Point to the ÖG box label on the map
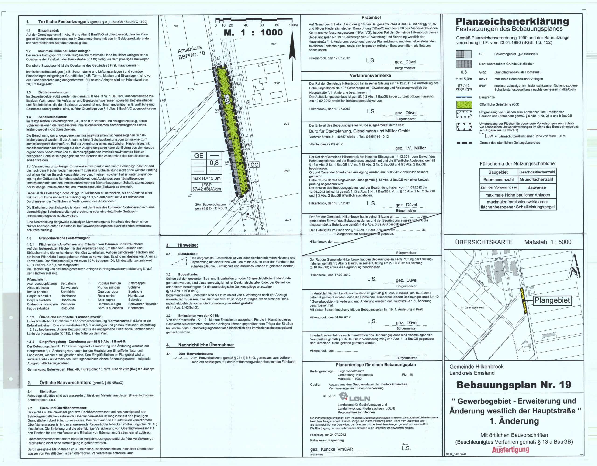(x=254, y=165)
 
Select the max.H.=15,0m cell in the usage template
(x=206, y=178)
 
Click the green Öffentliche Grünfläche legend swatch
(x=464, y=105)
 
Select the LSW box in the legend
(x=489, y=136)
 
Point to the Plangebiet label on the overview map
(x=552, y=300)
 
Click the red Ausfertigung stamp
(x=510, y=450)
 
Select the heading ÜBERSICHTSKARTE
(x=484, y=242)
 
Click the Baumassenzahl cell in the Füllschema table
(x=499, y=180)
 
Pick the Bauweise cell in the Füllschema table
(x=537, y=187)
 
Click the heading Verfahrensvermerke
(x=370, y=75)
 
